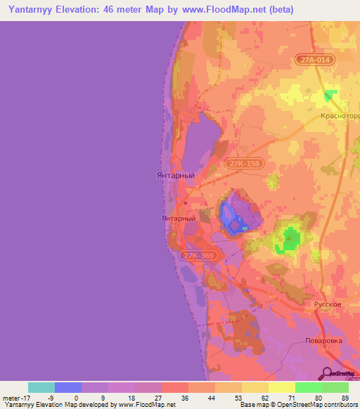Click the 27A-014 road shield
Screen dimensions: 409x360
311,60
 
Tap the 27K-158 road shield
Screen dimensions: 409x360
244,163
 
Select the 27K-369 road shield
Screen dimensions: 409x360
197,256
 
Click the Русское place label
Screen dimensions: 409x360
327,304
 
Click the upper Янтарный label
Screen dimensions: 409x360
175,175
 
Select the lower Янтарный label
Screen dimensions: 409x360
179,219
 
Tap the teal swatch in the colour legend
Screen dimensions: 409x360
41,387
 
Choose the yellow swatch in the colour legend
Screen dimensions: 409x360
281,387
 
